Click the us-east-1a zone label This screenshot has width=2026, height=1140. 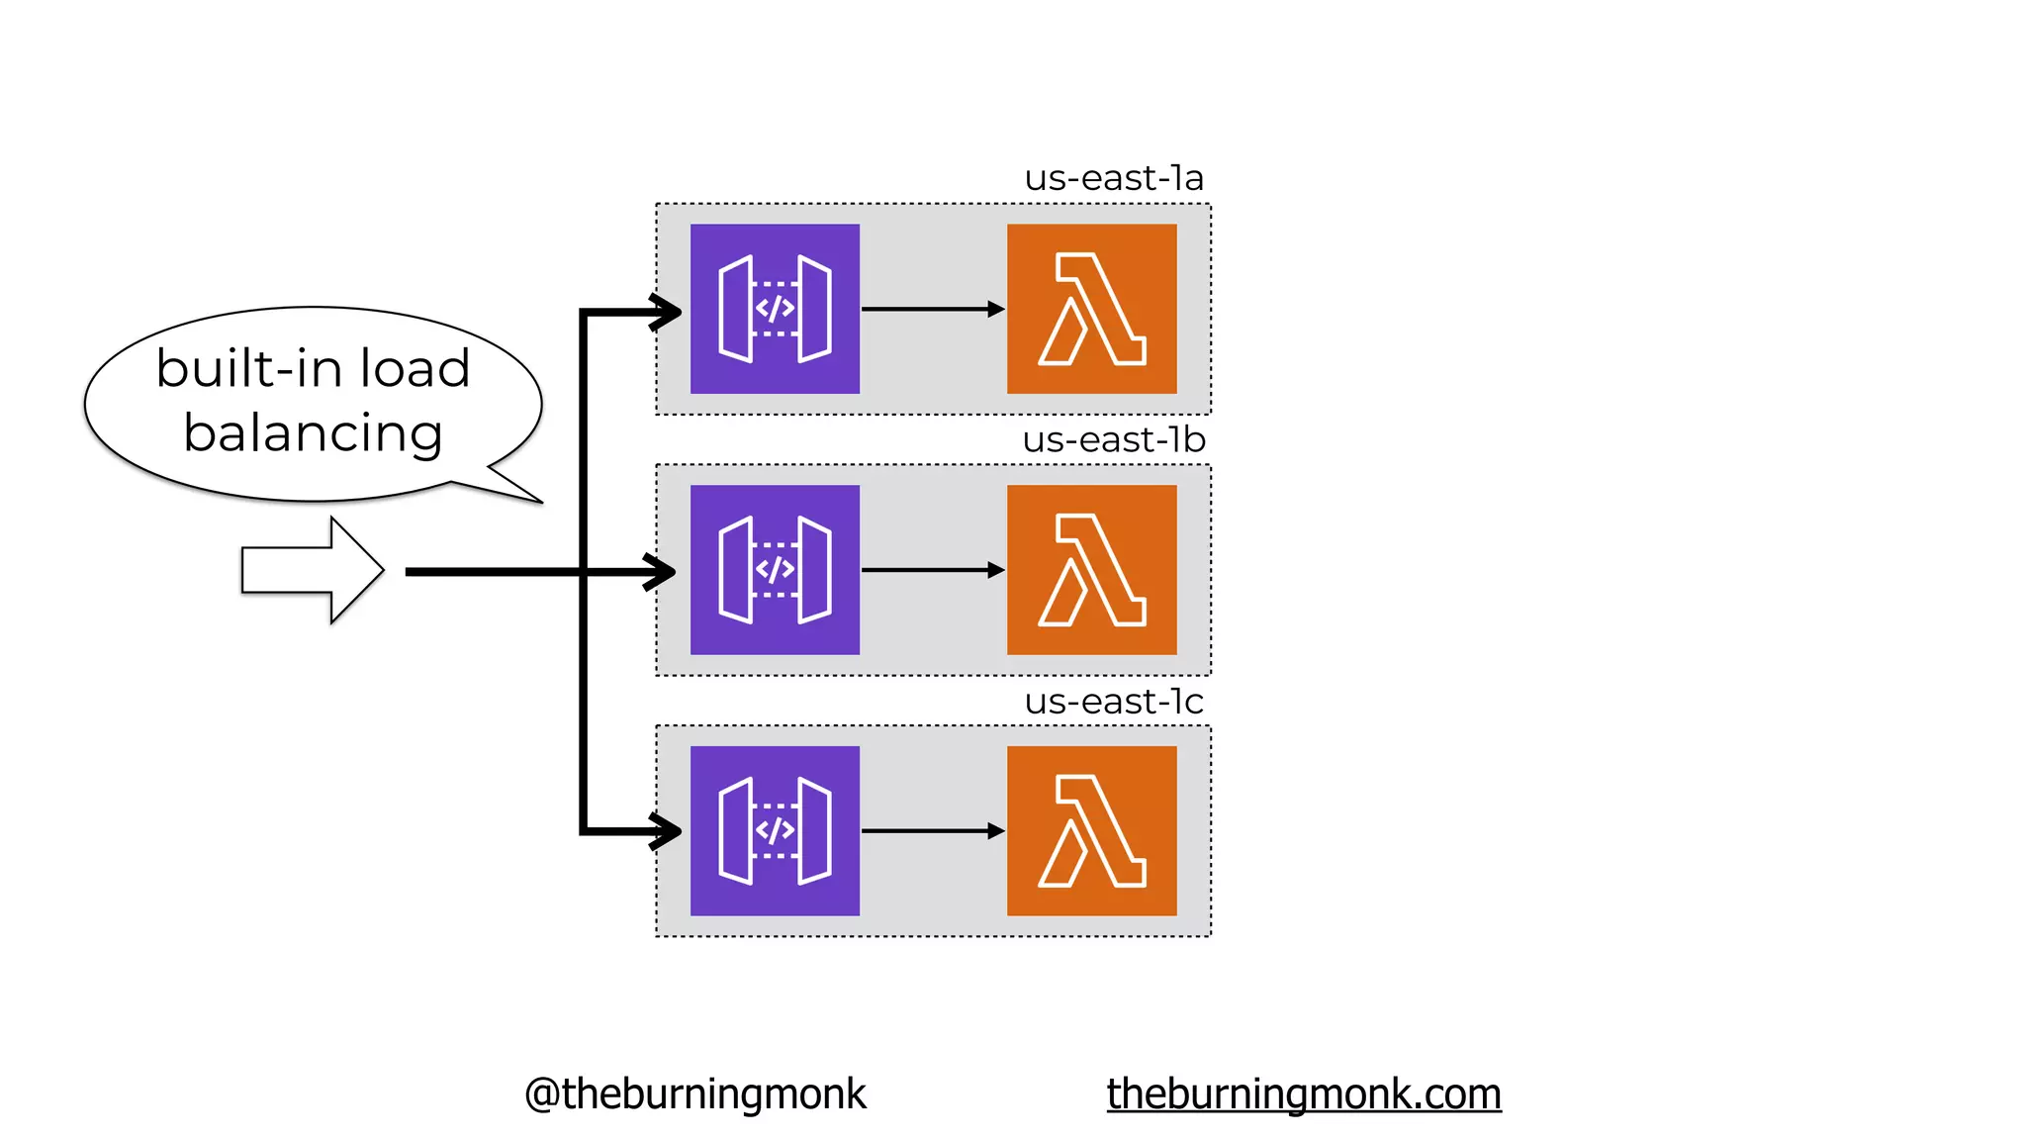click(1114, 179)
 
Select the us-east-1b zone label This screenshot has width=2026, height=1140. click(1114, 440)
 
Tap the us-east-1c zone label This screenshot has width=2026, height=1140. click(1114, 702)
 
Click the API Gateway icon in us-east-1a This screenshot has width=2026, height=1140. click(775, 309)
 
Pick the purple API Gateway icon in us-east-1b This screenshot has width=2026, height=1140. click(775, 570)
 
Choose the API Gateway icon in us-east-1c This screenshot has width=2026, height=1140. click(775, 831)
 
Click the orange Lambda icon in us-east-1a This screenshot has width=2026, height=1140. click(1091, 309)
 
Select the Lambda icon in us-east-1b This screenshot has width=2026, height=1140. click(1091, 570)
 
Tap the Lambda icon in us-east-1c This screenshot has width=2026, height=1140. click(1091, 831)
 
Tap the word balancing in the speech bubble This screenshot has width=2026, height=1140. click(313, 433)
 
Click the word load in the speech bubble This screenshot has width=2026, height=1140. click(414, 368)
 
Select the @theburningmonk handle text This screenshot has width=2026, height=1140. click(694, 1094)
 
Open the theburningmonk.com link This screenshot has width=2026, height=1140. click(1303, 1094)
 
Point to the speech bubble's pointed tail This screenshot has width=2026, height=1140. click(515, 485)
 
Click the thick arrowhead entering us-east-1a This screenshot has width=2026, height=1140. click(667, 312)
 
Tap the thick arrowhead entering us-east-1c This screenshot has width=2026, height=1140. click(667, 831)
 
